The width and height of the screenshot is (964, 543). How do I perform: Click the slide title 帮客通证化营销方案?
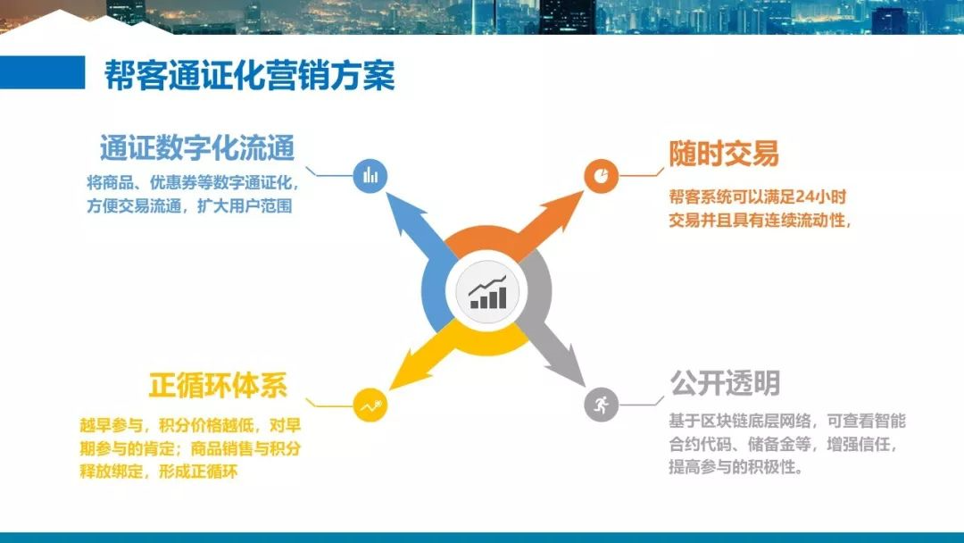[x=249, y=75]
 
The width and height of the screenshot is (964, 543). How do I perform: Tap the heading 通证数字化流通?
[x=197, y=148]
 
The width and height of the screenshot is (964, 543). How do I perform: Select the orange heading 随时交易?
[x=724, y=153]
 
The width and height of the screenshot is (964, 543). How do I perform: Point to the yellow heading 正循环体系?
[x=218, y=386]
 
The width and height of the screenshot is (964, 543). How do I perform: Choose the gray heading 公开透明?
[x=725, y=383]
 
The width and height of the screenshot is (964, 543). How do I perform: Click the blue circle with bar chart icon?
[x=370, y=176]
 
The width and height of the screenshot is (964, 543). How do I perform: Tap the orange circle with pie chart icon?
[x=601, y=176]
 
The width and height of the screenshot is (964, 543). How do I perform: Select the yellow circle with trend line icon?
[x=370, y=405]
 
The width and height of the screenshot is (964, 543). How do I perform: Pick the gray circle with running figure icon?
[x=601, y=405]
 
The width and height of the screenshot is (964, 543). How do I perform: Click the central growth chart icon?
[x=487, y=292]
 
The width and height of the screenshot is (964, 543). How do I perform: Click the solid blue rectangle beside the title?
[x=43, y=72]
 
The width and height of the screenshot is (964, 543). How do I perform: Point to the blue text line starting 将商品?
[x=193, y=183]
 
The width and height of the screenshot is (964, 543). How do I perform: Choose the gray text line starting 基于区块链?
[x=787, y=421]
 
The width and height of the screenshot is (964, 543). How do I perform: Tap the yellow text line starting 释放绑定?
[x=159, y=472]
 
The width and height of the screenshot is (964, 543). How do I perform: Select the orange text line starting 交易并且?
[x=760, y=220]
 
